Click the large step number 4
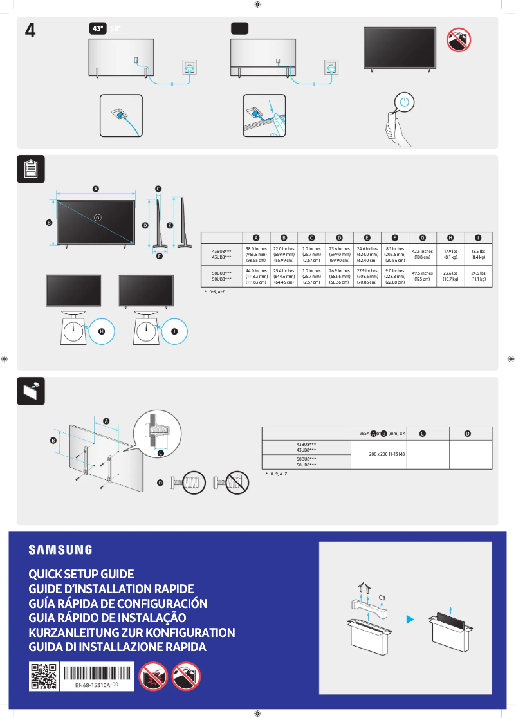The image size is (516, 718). (30, 31)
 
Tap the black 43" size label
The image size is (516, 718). (98, 29)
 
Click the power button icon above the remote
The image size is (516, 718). (403, 102)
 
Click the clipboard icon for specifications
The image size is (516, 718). (30, 169)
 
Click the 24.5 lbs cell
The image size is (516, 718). (477, 275)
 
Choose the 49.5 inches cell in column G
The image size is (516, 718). (422, 275)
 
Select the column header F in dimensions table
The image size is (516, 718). (394, 238)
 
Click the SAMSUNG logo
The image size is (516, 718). (60, 549)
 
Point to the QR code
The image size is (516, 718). (43, 676)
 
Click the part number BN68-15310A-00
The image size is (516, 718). (97, 686)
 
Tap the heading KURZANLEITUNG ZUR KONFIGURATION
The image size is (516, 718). (132, 632)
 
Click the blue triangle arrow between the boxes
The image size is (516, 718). (409, 619)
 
